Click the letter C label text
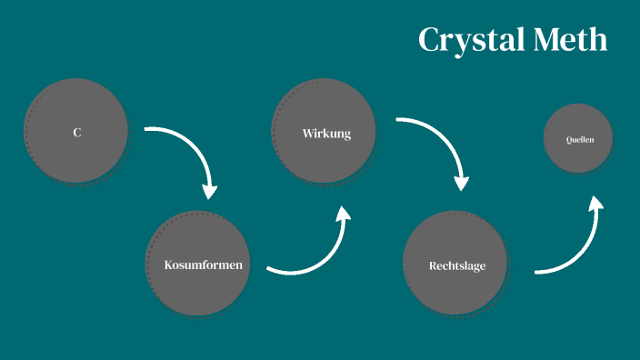77,133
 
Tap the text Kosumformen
203,265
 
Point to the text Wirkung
326,134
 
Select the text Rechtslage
457,266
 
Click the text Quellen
580,140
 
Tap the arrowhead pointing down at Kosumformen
210,191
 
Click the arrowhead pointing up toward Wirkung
343,214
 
